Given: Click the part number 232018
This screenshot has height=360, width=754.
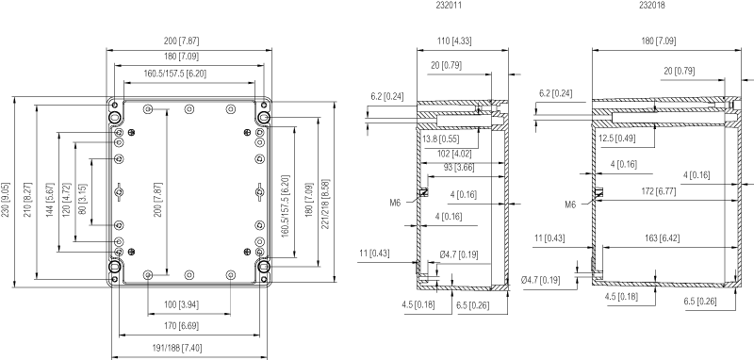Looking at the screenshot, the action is (652, 6).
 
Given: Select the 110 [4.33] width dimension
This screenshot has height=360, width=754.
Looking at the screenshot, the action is (454, 41).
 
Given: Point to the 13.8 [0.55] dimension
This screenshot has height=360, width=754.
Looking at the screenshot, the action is (441, 139).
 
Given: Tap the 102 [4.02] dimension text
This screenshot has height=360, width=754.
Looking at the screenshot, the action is (454, 154).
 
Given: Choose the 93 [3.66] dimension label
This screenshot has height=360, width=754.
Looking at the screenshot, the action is (455, 168).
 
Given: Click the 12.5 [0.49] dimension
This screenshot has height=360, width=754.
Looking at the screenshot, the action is (617, 138).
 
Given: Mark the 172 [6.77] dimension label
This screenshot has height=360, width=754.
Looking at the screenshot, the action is (658, 191).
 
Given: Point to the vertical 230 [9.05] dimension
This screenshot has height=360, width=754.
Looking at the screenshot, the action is (6, 200).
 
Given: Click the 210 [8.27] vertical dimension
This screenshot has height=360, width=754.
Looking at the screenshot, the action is (27, 200).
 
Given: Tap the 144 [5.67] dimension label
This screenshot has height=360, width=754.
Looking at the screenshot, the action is (50, 200).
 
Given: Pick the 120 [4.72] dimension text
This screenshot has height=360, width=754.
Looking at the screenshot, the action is (66, 200).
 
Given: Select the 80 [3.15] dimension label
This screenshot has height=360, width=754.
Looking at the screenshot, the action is (82, 200).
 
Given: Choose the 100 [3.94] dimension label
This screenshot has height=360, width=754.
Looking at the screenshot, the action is (181, 304).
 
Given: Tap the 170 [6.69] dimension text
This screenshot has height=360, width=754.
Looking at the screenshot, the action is (181, 326).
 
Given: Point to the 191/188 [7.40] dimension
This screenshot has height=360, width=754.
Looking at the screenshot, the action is (177, 348).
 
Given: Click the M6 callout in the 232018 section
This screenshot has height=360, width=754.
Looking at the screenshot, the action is (570, 205).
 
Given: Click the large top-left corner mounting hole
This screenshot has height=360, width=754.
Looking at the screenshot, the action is (114, 117).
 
